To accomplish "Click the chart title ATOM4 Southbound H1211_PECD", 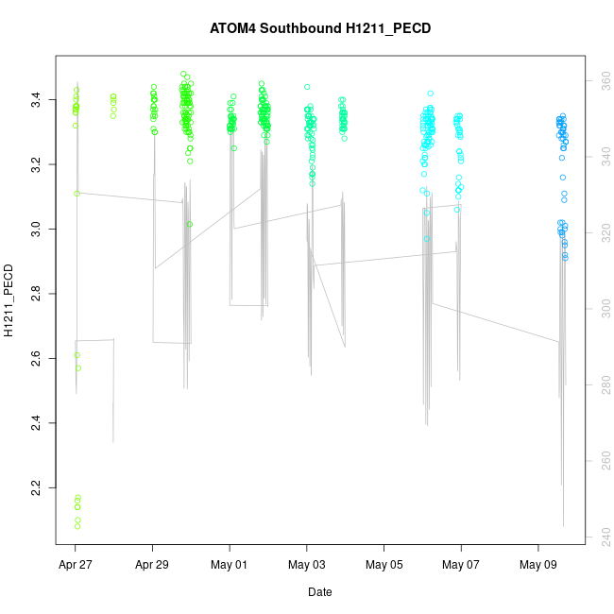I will coord(320,28).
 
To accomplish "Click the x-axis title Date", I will coord(320,592).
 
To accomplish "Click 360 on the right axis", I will coord(600,82).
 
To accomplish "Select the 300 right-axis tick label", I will coord(600,309).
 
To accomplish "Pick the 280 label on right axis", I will coord(600,384).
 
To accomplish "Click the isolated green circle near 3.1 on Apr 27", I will coord(77,193).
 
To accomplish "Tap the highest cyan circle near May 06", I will coord(430,94).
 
